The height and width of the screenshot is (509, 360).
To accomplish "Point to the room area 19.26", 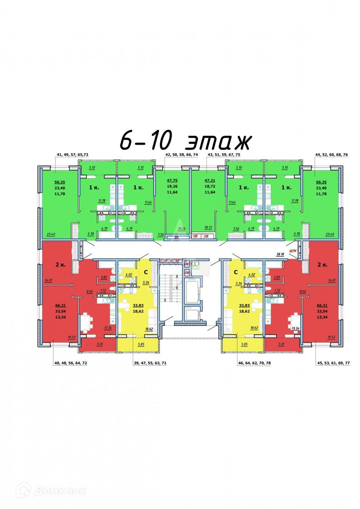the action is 182,228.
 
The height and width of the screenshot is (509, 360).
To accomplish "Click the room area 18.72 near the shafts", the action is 208,228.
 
